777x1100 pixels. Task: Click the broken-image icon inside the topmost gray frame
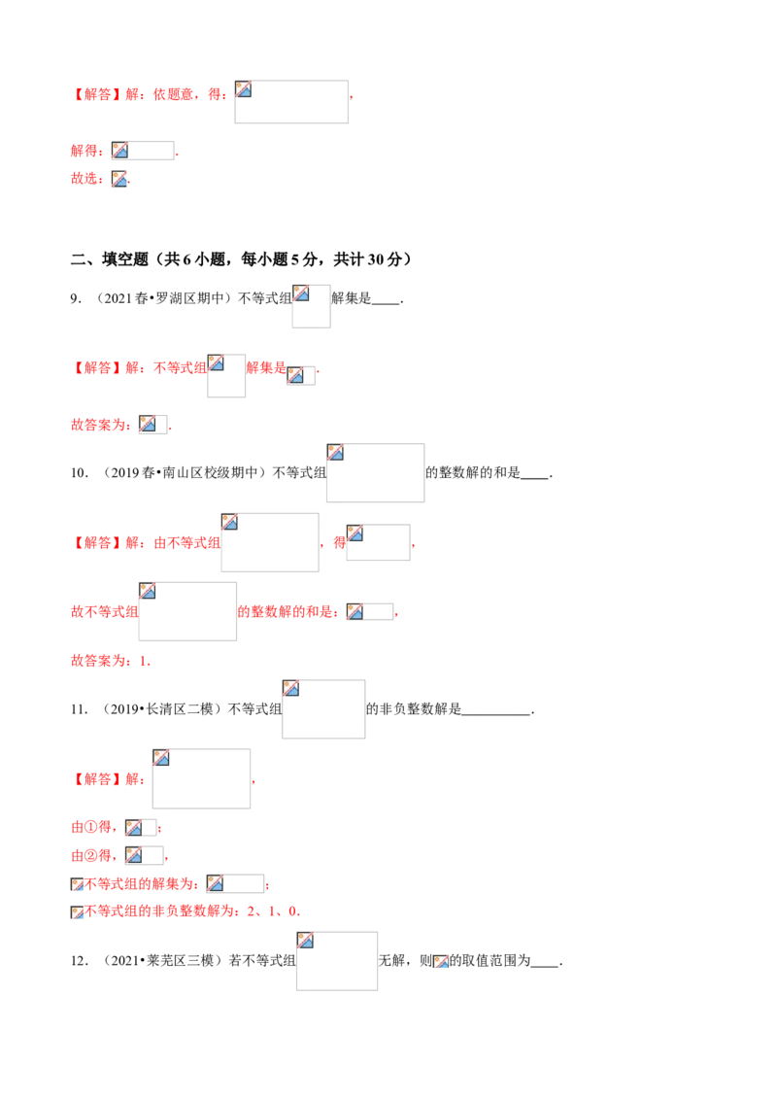point(244,89)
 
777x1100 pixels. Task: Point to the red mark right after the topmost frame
point(354,97)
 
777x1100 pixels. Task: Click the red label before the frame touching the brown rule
point(86,152)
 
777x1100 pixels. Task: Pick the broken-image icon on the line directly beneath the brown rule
point(119,179)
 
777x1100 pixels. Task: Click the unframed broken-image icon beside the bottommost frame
point(441,962)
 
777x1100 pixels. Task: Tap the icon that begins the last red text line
point(78,912)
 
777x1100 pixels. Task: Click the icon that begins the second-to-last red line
point(78,885)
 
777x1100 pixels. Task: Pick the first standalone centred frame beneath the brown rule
point(311,307)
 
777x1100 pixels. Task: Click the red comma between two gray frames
point(323,547)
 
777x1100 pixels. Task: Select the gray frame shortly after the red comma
point(377,544)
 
